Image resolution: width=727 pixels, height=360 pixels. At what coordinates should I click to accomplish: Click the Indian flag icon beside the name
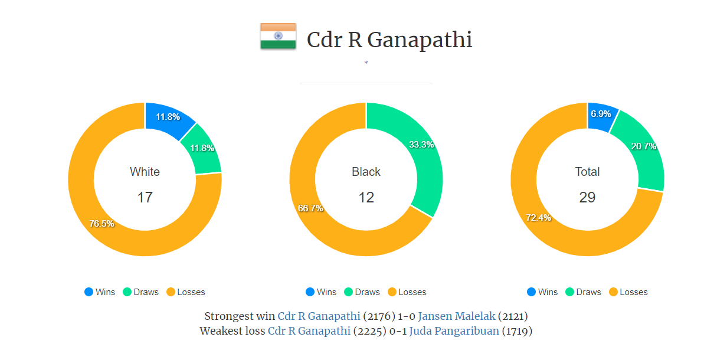tap(278, 37)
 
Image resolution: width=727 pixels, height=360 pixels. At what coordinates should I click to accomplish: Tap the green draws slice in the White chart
tap(202, 149)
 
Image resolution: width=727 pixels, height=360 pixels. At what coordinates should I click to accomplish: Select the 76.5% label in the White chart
tap(101, 224)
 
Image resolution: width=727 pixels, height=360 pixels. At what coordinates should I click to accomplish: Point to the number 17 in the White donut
tap(145, 197)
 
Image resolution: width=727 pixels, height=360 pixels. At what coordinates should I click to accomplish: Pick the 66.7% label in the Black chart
tap(310, 208)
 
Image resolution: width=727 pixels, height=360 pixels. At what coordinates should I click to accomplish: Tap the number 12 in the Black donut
tap(366, 197)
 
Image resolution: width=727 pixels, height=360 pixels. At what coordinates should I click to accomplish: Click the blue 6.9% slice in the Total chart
tap(601, 114)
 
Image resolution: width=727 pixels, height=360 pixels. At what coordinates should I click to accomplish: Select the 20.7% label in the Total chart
tap(643, 146)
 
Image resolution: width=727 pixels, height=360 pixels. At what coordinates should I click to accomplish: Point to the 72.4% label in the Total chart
tap(538, 218)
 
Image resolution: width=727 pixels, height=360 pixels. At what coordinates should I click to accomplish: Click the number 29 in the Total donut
tap(587, 197)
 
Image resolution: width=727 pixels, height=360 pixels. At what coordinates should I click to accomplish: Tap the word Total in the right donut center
tap(587, 172)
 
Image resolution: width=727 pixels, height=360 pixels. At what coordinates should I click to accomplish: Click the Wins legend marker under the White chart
tap(89, 292)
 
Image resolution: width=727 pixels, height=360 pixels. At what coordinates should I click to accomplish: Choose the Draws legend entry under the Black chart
tap(362, 292)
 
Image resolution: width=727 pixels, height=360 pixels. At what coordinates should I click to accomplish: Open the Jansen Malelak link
tap(457, 316)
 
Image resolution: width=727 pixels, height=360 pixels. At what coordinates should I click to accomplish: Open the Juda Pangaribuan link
tap(454, 331)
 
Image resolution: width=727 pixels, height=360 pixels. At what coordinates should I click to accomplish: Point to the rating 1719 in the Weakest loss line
tap(517, 331)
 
